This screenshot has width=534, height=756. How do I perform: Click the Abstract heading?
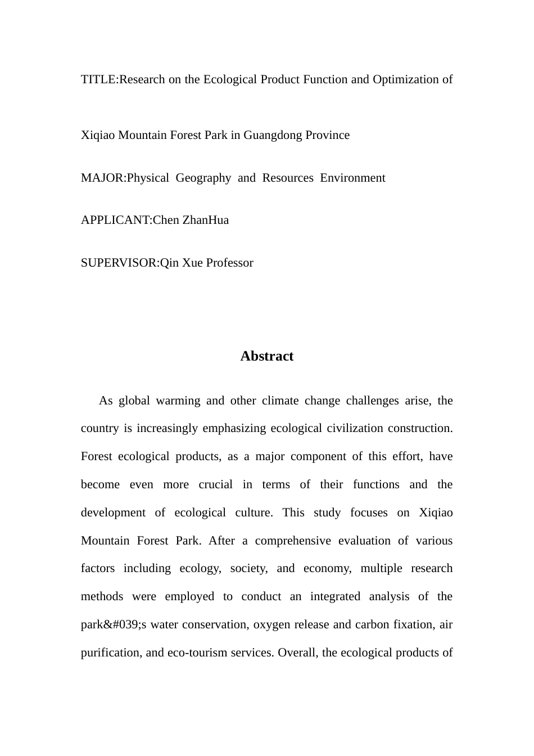266,356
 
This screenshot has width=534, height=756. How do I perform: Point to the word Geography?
203,178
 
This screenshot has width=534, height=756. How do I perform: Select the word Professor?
229,263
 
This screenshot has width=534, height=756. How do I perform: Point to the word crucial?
215,484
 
